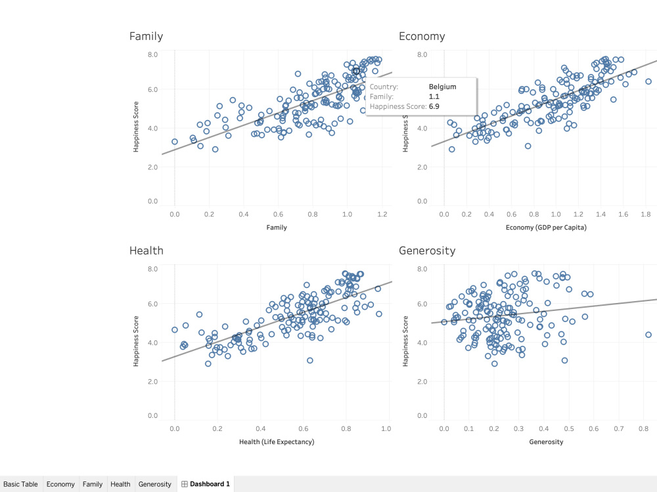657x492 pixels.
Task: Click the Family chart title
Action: (146, 37)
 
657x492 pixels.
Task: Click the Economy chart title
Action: (422, 37)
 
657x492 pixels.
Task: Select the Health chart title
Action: (147, 251)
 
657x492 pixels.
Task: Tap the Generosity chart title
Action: (427, 251)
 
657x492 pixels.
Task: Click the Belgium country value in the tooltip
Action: (442, 87)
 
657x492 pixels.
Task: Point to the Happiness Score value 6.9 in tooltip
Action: (434, 106)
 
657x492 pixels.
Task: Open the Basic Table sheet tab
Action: (20, 484)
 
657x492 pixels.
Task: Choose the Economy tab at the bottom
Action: (60, 484)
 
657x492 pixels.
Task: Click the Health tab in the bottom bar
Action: (120, 484)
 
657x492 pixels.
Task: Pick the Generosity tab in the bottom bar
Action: (154, 484)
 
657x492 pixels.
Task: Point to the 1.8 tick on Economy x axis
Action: (645, 214)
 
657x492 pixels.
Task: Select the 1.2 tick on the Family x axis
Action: (382, 214)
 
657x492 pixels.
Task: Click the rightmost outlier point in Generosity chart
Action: (648, 335)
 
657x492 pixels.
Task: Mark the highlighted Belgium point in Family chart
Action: (356, 71)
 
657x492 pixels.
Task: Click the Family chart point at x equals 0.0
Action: (175, 142)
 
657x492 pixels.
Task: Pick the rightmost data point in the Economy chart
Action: (648, 81)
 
